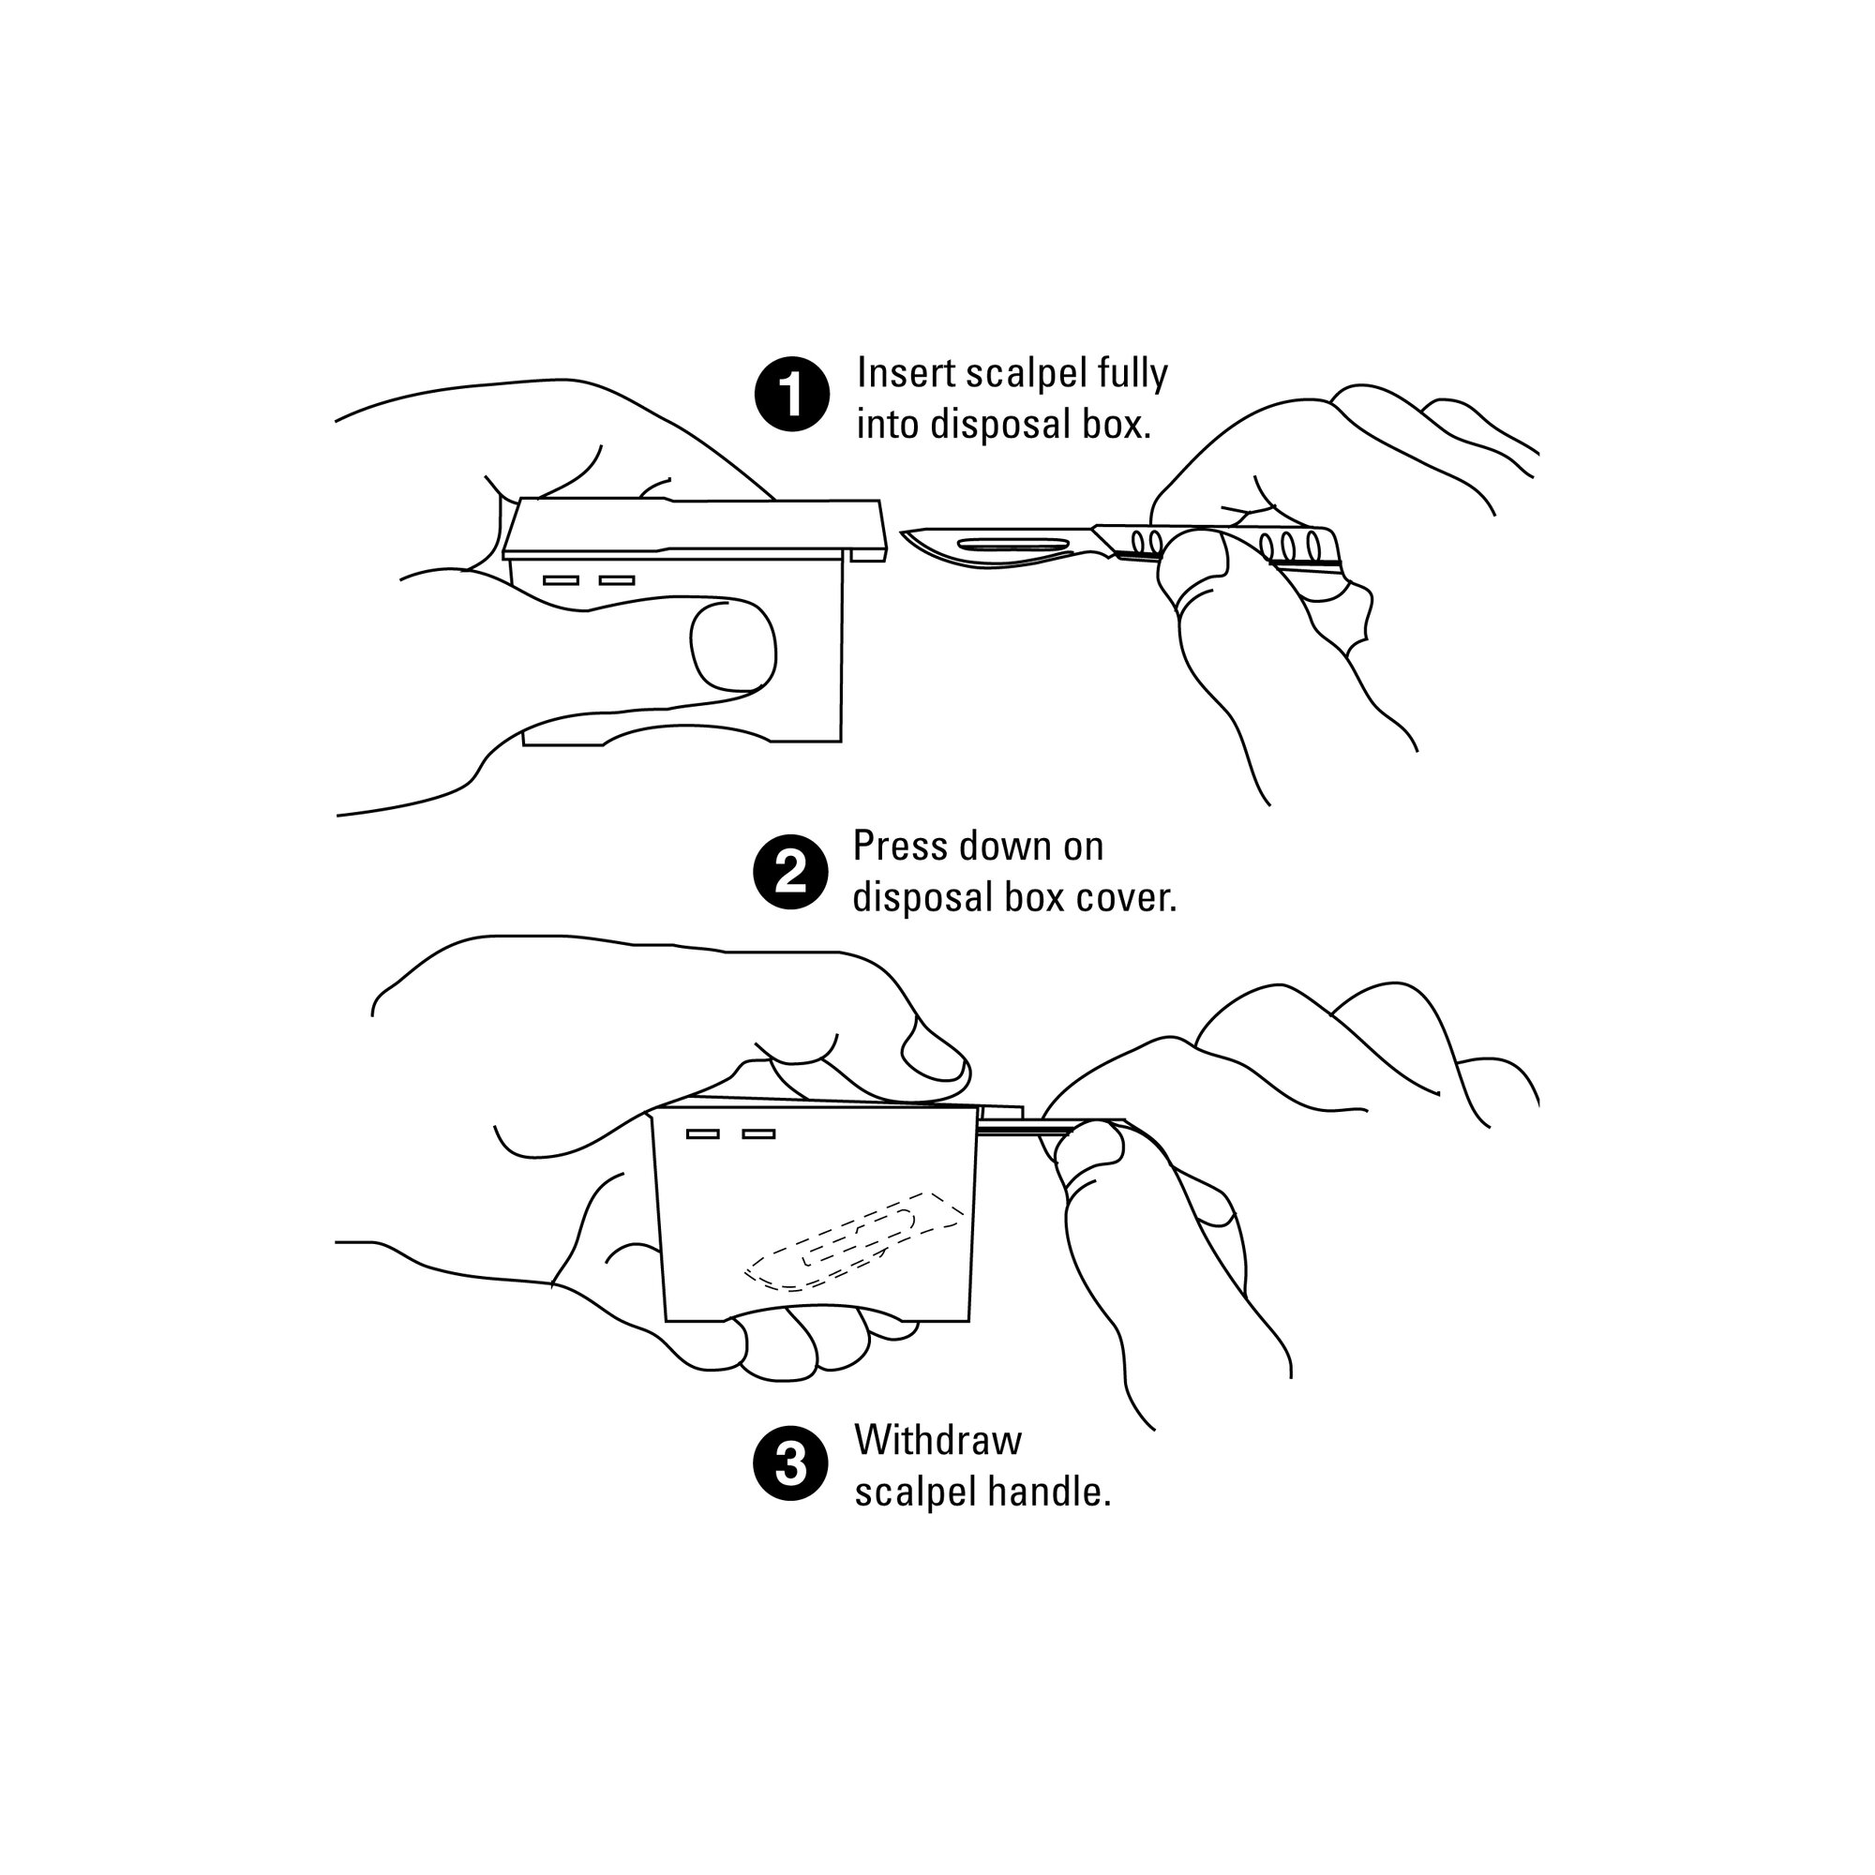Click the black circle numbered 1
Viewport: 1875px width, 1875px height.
pyautogui.click(x=792, y=396)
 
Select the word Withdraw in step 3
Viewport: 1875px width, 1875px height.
pyautogui.click(x=937, y=1440)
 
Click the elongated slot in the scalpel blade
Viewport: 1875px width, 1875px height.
pyautogui.click(x=1011, y=543)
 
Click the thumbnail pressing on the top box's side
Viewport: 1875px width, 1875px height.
pyautogui.click(x=732, y=646)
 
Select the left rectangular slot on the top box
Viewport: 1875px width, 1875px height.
pyautogui.click(x=560, y=580)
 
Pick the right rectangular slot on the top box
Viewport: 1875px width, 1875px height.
pyautogui.click(x=616, y=580)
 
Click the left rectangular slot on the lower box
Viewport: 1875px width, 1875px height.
pyautogui.click(x=702, y=1133)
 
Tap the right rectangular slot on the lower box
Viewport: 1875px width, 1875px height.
pyautogui.click(x=759, y=1133)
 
